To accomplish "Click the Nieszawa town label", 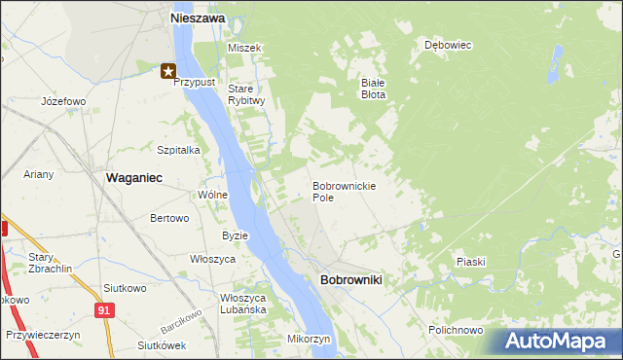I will (198, 18).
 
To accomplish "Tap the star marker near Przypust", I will (168, 70).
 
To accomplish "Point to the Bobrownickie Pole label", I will (344, 191).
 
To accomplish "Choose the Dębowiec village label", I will (448, 45).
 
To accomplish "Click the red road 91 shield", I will (104, 309).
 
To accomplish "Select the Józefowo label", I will (63, 101).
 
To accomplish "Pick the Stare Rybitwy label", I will (246, 94).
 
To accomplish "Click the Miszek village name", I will (244, 48).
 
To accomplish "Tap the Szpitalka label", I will (178, 150).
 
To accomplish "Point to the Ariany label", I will (40, 174).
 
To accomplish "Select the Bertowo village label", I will (168, 218).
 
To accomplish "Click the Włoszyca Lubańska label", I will (243, 304).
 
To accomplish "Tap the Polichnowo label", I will (456, 330).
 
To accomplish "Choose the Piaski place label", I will (470, 262).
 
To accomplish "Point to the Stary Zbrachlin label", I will (46, 263).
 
